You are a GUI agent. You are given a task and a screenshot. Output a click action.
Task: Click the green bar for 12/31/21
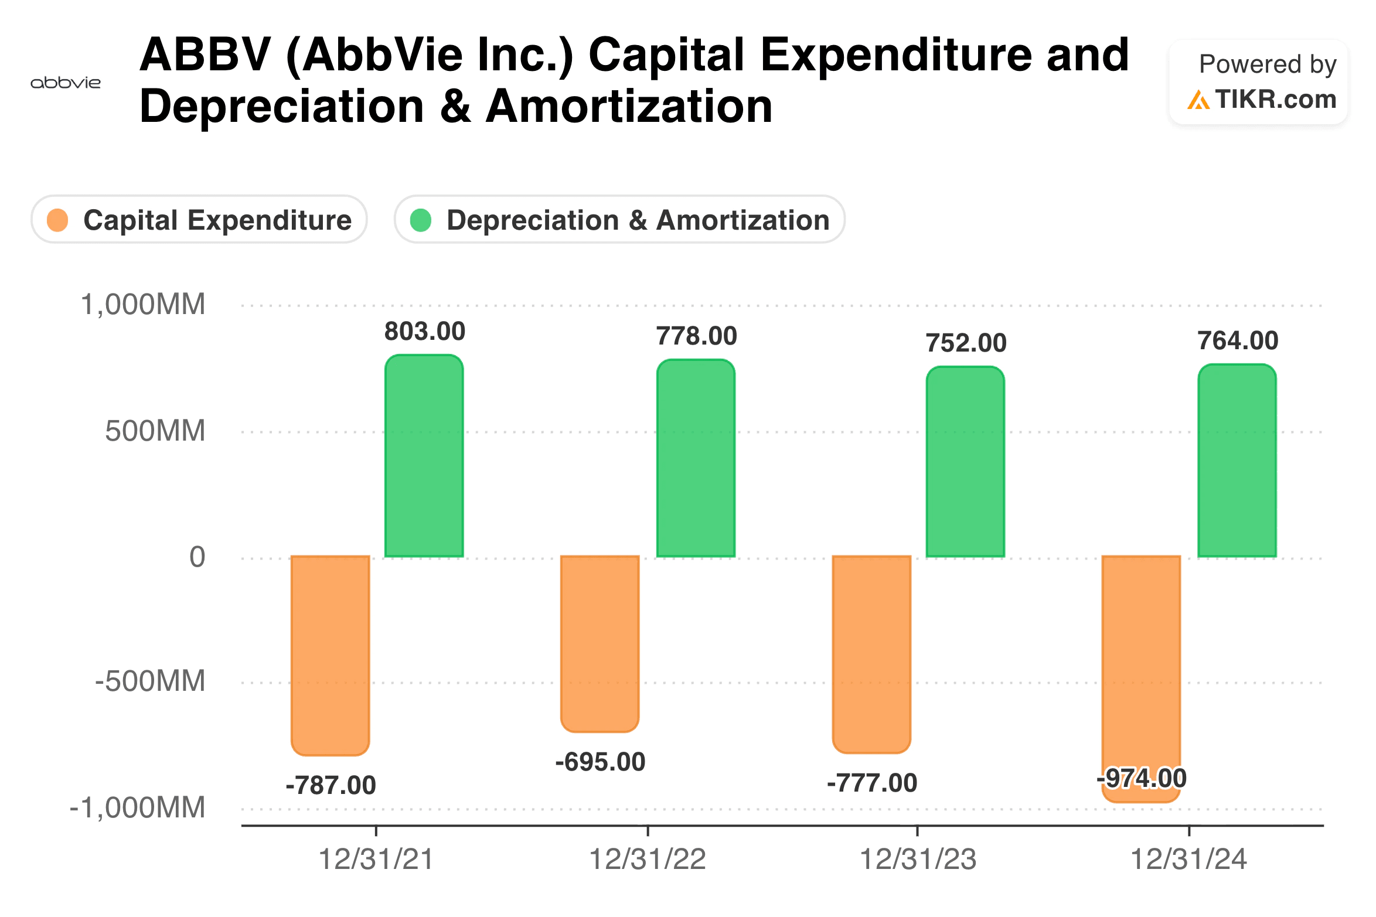pos(424,456)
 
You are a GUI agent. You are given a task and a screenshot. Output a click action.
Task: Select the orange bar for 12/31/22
pos(600,643)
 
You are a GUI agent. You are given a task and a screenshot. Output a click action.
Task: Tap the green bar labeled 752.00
pos(965,462)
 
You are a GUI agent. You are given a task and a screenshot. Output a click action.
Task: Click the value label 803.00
pos(424,332)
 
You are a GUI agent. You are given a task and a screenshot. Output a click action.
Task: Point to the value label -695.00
pos(600,762)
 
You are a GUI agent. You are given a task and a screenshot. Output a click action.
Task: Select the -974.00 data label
pos(1142,779)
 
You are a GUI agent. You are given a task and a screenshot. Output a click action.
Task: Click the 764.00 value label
pos(1238,341)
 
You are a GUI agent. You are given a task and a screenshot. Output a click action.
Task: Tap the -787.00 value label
pos(331,786)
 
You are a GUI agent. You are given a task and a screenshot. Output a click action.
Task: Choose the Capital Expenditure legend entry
pos(199,220)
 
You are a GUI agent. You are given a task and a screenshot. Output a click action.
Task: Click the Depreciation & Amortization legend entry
pos(619,220)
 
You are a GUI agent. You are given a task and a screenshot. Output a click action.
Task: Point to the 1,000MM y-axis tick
pos(143,305)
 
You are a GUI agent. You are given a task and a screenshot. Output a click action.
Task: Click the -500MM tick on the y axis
pos(150,681)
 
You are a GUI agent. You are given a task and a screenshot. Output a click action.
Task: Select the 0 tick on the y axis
pos(197,557)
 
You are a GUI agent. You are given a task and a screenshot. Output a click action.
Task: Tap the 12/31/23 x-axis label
pos(918,860)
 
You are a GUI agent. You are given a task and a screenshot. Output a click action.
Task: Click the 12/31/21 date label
pos(376,860)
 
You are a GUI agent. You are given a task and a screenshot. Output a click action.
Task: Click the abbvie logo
pos(65,83)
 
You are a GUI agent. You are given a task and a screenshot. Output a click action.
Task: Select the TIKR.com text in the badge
pos(1275,99)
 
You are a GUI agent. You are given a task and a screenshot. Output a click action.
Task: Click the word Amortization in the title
pos(629,107)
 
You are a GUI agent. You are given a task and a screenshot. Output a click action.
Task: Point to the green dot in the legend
pos(420,220)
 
